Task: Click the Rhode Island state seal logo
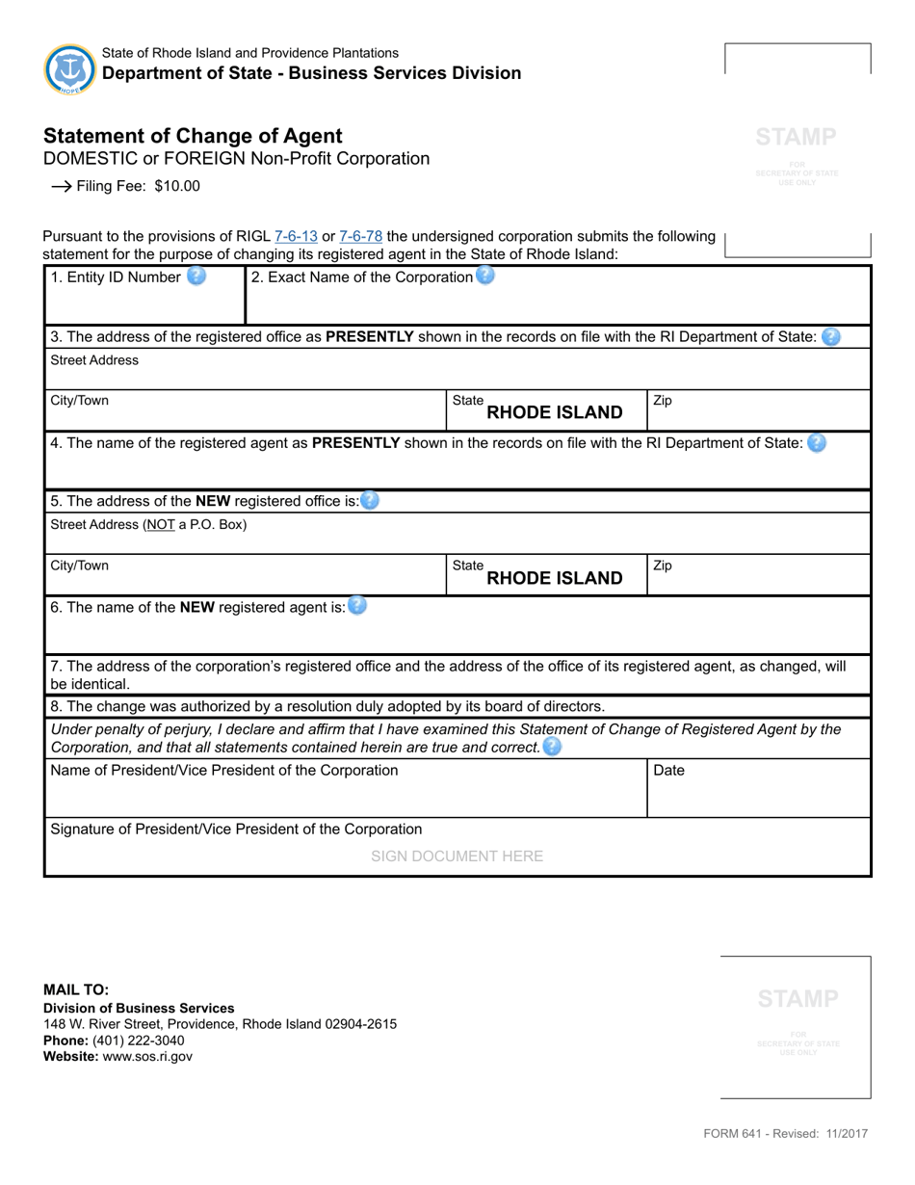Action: (x=69, y=69)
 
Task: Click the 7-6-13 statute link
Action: (x=296, y=236)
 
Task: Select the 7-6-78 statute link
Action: (x=361, y=236)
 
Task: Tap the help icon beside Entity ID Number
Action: (x=196, y=276)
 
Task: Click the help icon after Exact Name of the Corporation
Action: (x=485, y=276)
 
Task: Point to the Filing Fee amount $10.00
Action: (x=177, y=186)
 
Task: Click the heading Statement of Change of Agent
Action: (x=193, y=136)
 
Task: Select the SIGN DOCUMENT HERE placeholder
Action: (x=457, y=856)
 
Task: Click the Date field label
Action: (x=669, y=771)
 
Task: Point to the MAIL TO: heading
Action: (x=76, y=989)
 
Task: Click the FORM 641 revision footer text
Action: (x=785, y=1134)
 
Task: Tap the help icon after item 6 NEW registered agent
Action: (x=357, y=606)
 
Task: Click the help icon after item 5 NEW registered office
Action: (x=370, y=501)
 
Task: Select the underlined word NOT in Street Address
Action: (x=160, y=525)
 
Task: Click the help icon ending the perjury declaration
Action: (x=552, y=747)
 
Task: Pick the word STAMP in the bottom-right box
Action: (x=797, y=998)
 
